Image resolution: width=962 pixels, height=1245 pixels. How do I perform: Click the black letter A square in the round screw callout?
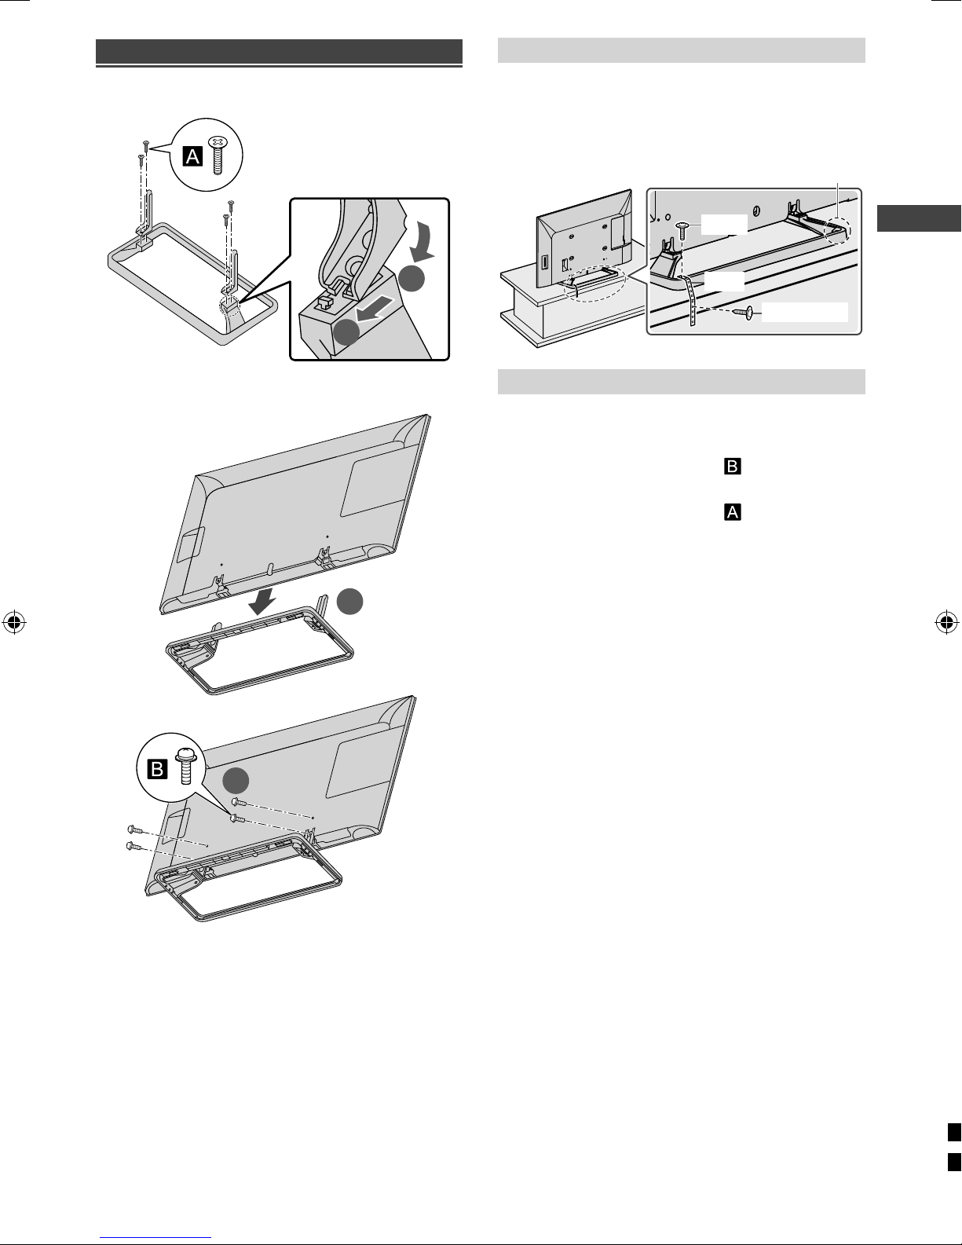(192, 156)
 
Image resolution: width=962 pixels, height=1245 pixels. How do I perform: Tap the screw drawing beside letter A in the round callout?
(217, 155)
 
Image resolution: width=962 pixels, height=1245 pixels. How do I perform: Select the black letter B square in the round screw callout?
(158, 769)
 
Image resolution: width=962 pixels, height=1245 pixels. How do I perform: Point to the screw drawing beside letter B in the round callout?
(185, 766)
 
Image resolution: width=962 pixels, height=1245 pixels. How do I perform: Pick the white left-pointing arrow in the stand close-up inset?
(375, 309)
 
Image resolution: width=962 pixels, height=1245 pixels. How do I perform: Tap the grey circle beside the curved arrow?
(412, 278)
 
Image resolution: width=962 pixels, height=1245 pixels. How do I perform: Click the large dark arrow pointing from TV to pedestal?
(263, 602)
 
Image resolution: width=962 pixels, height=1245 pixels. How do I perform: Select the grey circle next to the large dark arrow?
(350, 602)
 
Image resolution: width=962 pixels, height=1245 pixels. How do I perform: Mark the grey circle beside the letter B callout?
(236, 780)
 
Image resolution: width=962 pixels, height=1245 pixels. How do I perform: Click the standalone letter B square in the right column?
(733, 467)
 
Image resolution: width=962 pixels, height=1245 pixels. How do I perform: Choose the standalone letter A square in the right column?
(733, 512)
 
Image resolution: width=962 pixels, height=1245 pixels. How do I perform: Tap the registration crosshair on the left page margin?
(14, 622)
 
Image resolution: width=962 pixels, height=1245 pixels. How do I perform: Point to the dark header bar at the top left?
(279, 52)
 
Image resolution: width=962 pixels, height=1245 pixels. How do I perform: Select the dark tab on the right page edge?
(919, 218)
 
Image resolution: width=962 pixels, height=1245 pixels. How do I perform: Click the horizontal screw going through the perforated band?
(744, 313)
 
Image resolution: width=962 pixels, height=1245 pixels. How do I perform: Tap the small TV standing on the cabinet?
(584, 240)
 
